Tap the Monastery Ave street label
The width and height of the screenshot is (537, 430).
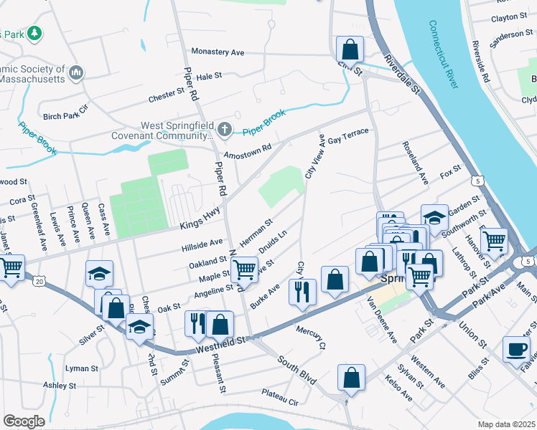coord(218,52)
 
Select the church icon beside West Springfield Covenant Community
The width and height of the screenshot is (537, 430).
coord(225,130)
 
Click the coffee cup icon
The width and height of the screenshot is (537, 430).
coord(516,349)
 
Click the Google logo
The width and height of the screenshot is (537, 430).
coord(24,421)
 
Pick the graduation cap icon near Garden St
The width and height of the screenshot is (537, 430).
coord(435,216)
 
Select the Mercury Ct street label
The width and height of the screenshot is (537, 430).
coord(311,335)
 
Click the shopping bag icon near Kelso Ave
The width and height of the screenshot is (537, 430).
coord(351,377)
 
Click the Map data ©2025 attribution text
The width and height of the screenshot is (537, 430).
coord(506,424)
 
